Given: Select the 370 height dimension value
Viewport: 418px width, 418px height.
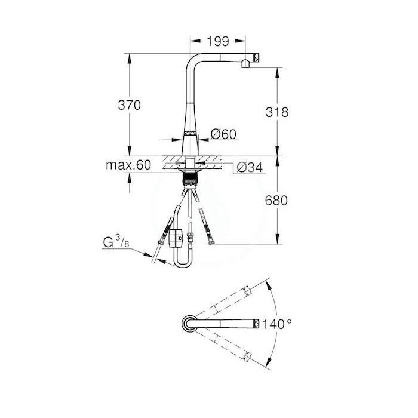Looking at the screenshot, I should [129, 105].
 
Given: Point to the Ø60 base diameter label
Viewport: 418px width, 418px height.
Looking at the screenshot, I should [224, 136].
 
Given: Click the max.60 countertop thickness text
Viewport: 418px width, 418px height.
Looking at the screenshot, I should [128, 165].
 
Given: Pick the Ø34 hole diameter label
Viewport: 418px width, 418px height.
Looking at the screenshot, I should [248, 168].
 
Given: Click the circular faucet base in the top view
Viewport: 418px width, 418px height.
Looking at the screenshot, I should [187, 323].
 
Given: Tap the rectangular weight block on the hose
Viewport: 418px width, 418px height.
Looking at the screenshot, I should [176, 239].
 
